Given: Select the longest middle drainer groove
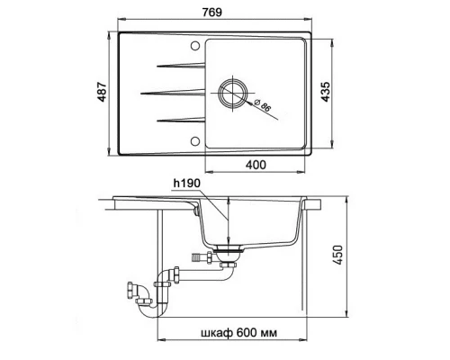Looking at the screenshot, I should click(172, 92).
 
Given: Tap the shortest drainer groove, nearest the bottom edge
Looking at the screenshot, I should click(178, 119).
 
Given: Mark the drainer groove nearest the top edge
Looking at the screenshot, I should click(178, 65).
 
